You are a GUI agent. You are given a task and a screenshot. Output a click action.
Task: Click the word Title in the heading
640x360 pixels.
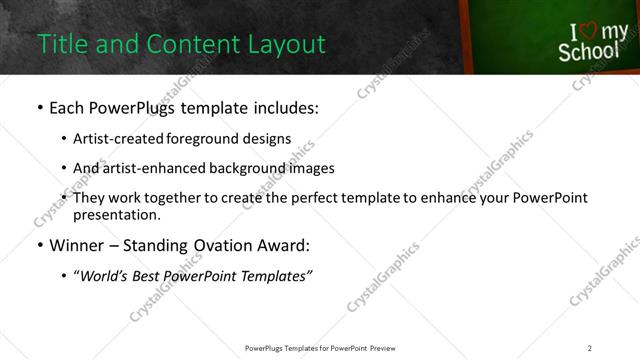[59, 44]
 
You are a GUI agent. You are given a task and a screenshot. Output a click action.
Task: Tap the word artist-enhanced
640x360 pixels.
[156, 168]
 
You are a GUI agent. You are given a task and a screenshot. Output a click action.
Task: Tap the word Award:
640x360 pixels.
[284, 244]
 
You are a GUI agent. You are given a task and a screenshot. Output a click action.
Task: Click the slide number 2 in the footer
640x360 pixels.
[590, 347]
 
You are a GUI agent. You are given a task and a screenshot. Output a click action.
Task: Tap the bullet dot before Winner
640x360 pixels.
[40, 245]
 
